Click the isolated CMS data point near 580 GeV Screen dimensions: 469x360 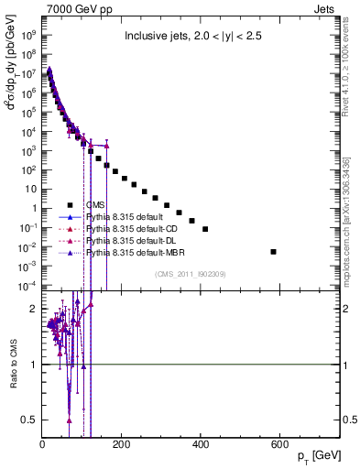coord(273,251)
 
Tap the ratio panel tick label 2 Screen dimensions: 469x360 coord(35,310)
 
